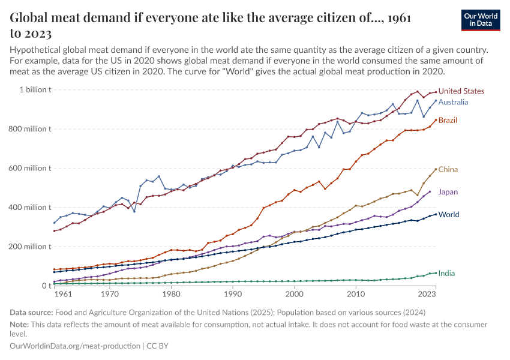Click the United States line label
461,91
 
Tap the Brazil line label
448,120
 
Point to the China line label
448,170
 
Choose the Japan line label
448,192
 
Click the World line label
449,214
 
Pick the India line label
446,273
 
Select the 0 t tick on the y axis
45,286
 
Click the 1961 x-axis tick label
63,295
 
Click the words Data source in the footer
31,312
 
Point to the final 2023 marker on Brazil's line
436,120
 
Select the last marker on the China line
436,169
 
